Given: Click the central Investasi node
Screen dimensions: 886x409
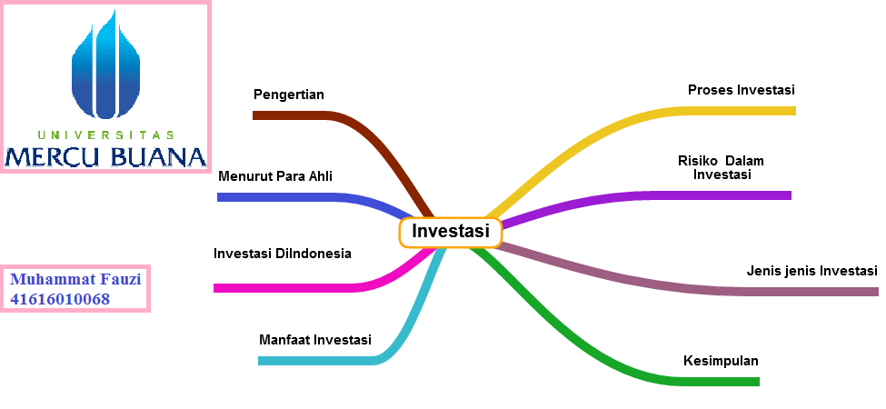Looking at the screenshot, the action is click(451, 233).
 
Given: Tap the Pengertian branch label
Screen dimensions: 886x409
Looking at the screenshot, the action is click(289, 95).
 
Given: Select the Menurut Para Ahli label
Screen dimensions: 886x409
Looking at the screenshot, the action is click(275, 175).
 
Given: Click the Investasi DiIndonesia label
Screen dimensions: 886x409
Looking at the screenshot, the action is click(282, 254).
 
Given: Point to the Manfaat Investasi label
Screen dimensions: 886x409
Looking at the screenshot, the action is click(315, 341).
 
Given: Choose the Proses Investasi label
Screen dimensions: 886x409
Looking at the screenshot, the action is click(742, 90).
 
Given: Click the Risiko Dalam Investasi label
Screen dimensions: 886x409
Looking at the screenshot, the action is click(722, 167).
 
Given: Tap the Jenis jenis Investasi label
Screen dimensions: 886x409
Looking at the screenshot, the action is click(811, 271).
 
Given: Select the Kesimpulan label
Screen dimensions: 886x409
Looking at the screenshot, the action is click(721, 361).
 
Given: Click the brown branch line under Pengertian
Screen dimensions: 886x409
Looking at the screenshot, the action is click(291, 115).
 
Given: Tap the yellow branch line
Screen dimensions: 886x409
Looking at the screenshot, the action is click(727, 111).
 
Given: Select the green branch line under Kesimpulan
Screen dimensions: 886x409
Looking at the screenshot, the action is click(709, 381).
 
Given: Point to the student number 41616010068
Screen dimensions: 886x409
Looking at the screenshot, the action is click(60, 299).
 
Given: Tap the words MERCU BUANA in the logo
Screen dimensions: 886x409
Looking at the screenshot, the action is click(105, 156).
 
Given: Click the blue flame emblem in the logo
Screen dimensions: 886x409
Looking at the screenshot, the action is click(106, 69).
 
